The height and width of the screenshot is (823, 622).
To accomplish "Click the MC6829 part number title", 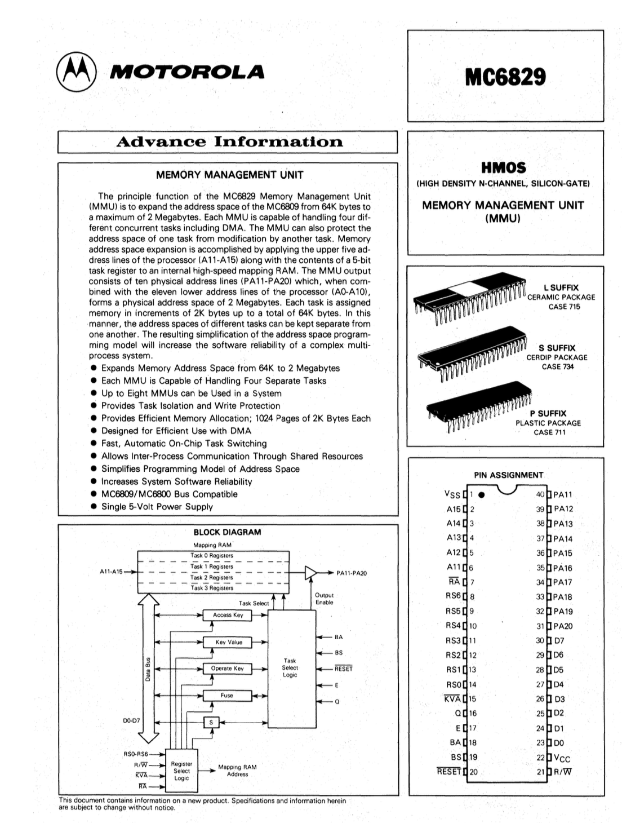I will click(x=505, y=77).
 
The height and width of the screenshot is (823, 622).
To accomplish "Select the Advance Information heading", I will click(x=229, y=141).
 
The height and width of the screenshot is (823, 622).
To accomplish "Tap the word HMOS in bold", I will click(x=503, y=167).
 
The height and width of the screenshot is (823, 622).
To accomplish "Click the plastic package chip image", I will click(x=479, y=407).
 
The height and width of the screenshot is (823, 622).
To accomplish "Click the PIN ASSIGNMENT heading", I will click(x=508, y=475).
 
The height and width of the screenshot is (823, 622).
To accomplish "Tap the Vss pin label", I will click(x=452, y=494).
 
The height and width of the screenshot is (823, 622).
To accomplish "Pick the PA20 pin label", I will click(x=563, y=626).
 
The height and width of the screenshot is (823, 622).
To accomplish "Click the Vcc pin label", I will click(x=562, y=758).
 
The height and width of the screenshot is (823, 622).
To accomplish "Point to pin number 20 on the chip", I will click(x=473, y=772).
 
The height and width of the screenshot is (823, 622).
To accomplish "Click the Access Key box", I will click(x=227, y=615).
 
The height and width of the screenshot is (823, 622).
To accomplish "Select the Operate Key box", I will click(x=227, y=669).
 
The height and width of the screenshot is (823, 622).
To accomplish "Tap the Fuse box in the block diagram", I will click(x=227, y=696).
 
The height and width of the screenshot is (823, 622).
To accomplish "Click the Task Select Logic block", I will click(x=291, y=667).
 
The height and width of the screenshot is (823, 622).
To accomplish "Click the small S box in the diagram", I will click(x=211, y=722).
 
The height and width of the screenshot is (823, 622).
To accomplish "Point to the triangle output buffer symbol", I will click(x=310, y=572).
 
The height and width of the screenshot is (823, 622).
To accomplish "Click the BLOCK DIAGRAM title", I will click(x=227, y=532).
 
